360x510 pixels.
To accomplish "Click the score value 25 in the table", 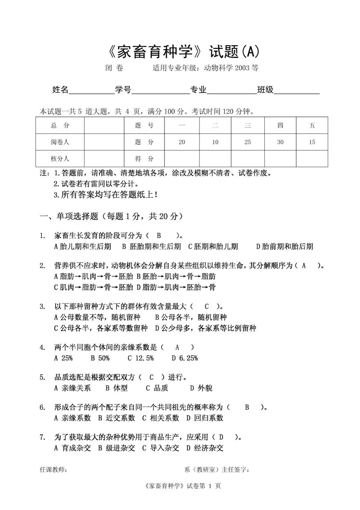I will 248,142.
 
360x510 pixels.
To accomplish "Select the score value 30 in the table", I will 280,142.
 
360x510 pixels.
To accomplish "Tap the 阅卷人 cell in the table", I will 60,142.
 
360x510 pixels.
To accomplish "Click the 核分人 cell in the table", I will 60,158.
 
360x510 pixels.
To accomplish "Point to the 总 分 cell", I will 60,125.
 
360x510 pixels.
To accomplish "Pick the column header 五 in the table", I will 312,125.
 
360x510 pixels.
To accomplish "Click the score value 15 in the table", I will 312,142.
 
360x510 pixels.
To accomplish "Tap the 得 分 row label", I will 144,158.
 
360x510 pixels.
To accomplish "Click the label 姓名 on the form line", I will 60,90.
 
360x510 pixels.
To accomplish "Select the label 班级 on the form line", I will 265,90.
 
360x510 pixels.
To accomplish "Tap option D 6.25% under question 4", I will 185,358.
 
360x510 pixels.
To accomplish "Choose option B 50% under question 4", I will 100,358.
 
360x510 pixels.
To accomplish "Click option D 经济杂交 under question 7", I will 205,448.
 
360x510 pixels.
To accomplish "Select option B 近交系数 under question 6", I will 117,418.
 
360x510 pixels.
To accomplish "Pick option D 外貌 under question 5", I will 201,388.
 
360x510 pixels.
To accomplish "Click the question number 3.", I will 42,306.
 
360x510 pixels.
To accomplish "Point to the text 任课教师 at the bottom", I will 53,470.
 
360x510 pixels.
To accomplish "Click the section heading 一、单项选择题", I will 69,216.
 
